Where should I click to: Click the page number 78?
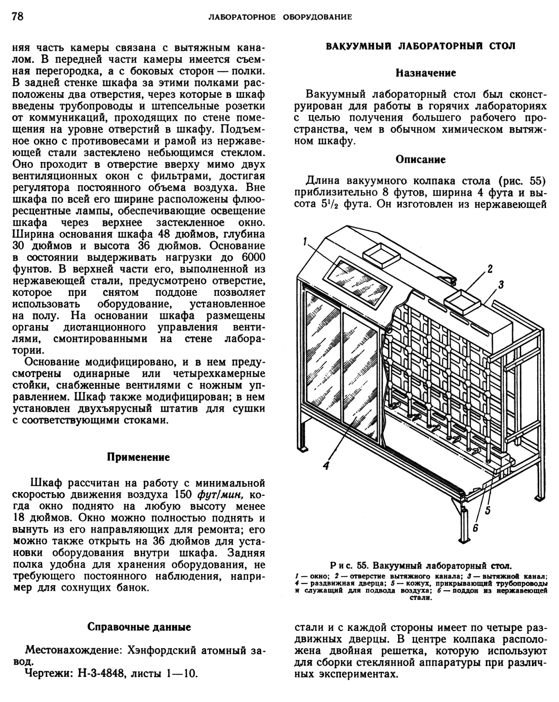(18, 16)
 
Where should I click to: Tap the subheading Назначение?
(426, 73)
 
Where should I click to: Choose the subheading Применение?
(138, 457)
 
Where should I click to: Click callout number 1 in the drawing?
(305, 242)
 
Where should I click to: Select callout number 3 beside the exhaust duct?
(501, 285)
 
